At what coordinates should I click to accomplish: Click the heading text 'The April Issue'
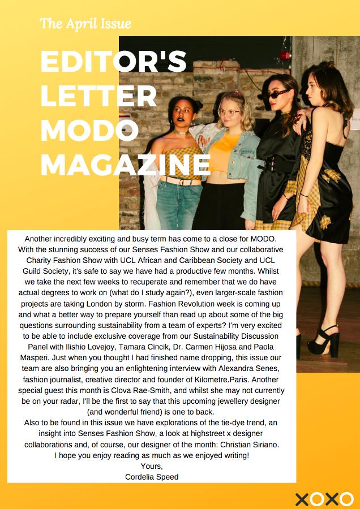[85, 24]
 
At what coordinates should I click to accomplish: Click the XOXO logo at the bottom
[324, 499]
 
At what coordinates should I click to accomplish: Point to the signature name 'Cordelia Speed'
[151, 477]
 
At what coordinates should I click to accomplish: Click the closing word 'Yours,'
[151, 466]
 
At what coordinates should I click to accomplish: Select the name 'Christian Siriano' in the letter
[246, 445]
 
